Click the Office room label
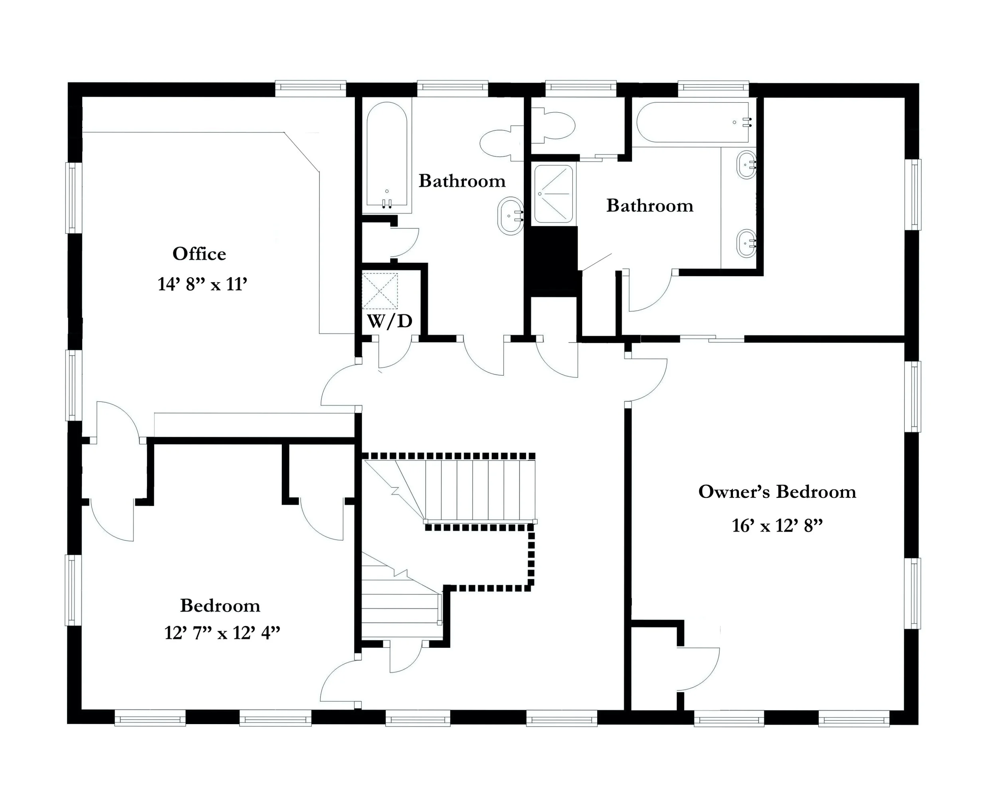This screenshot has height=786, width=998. [199, 253]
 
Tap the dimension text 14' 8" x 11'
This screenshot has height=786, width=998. [202, 284]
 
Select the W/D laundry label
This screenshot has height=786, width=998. [389, 321]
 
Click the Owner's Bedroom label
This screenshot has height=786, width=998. [777, 491]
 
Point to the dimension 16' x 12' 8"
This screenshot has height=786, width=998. [777, 525]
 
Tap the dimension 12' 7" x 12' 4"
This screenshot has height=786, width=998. [222, 633]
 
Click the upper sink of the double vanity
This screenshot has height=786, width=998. [745, 164]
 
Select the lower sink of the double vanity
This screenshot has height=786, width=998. [745, 243]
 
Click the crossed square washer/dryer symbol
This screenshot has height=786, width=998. [380, 291]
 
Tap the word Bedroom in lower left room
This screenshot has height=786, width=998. [220, 605]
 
